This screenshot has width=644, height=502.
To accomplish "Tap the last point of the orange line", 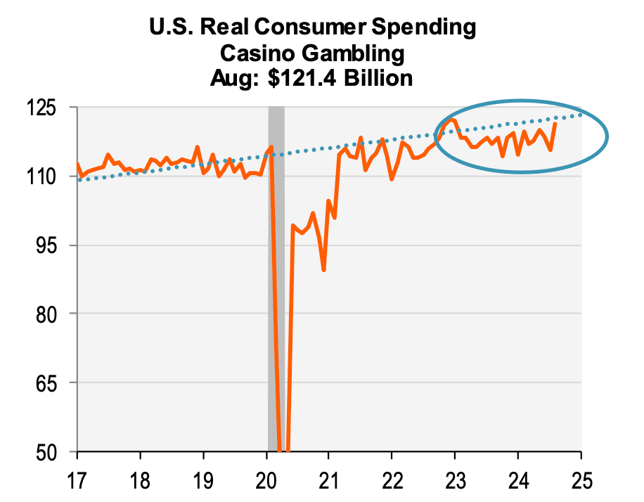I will click(555, 124).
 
